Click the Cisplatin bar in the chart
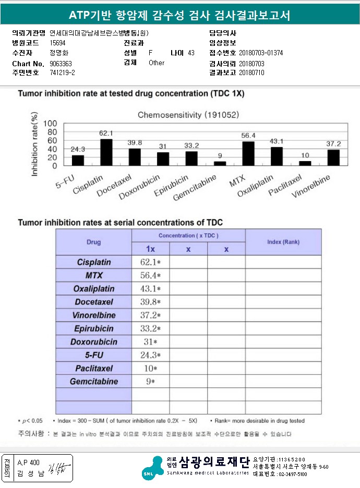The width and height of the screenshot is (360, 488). coord(106,152)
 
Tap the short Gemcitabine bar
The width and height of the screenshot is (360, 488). coord(220,163)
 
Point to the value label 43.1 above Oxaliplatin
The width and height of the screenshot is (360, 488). coord(277,141)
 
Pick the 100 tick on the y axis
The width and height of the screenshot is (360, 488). coord(51,124)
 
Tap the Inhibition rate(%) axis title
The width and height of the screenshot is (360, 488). coord(35,144)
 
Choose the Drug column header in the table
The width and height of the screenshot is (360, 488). coord(93,242)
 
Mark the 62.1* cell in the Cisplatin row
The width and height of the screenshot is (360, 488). coord(150,262)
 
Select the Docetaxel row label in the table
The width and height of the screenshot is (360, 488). coord(94,302)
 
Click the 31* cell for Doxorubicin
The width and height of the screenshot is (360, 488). coord(150,342)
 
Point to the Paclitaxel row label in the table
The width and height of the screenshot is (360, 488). coord(94,369)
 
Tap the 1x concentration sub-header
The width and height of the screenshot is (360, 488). coord(150,249)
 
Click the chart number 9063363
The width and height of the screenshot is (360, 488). coord(61,64)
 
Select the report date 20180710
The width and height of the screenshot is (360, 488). coord(252,72)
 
